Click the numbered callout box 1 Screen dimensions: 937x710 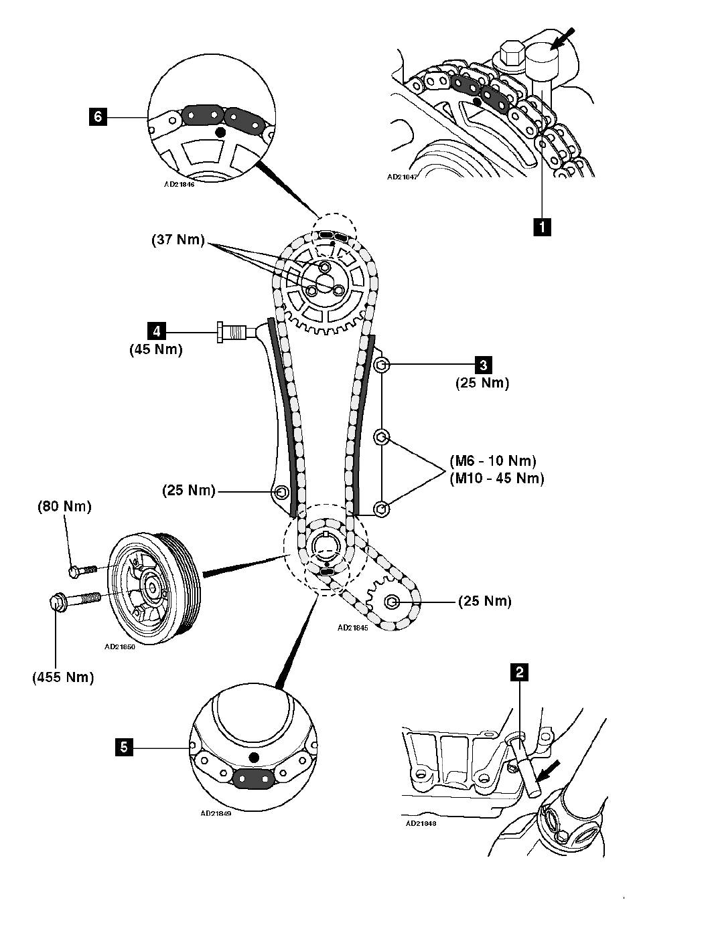tap(542, 226)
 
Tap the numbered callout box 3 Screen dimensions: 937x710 tap(482, 365)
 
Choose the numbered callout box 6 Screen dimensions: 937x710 tap(98, 118)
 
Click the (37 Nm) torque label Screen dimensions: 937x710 tap(177, 240)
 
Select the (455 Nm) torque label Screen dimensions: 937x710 tap(62, 677)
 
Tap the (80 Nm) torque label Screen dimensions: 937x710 tap(64, 506)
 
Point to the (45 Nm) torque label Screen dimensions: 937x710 tap(156, 349)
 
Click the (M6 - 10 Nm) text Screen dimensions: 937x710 tap(494, 461)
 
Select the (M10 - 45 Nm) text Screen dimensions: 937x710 tap(496, 478)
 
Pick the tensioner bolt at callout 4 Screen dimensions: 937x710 tap(231, 331)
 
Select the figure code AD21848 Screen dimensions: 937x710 tap(421, 824)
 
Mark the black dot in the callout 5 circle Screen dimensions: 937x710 tap(253, 757)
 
